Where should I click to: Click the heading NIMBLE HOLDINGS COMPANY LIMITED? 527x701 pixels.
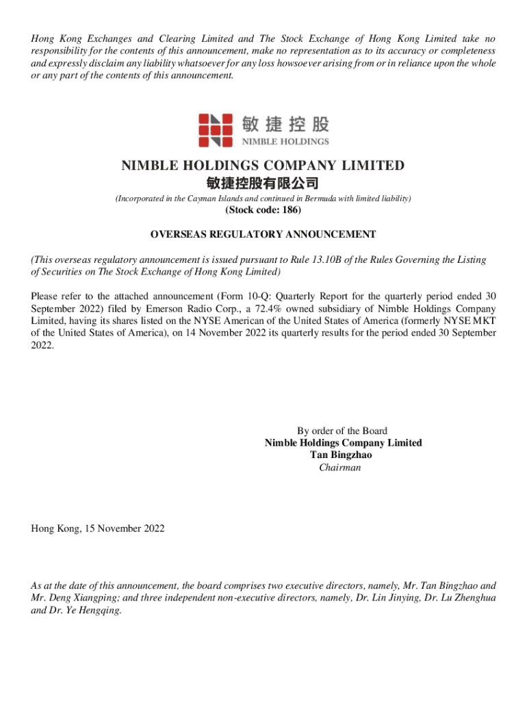(263, 166)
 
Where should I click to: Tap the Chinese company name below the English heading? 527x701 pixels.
(263, 183)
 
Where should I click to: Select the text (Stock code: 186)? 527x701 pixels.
(263, 210)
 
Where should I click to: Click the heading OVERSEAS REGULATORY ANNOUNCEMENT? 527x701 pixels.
(263, 235)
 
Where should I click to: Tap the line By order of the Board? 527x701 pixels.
(342, 431)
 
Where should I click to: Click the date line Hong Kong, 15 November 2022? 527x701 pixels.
(98, 528)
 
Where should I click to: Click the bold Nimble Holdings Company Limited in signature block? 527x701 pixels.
(343, 443)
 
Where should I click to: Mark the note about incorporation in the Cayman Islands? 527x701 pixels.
(263, 199)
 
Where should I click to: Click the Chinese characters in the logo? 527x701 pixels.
(285, 124)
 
